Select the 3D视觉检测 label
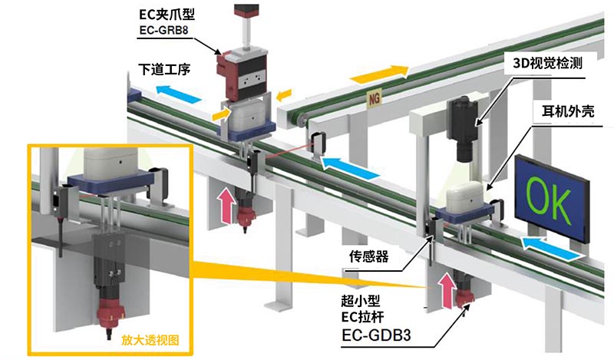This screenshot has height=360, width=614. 549,64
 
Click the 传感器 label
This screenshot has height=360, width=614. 368,256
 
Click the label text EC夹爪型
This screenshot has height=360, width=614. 163,14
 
